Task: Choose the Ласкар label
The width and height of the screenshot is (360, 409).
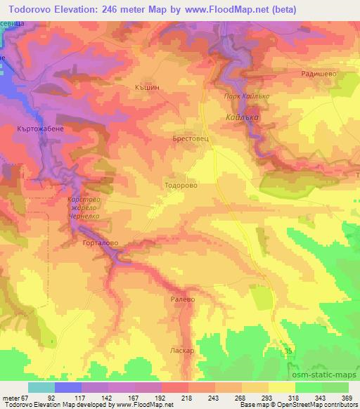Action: [181, 349]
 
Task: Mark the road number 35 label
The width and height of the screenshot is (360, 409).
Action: [288, 351]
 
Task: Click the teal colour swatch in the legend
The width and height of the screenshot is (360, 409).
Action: [41, 387]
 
